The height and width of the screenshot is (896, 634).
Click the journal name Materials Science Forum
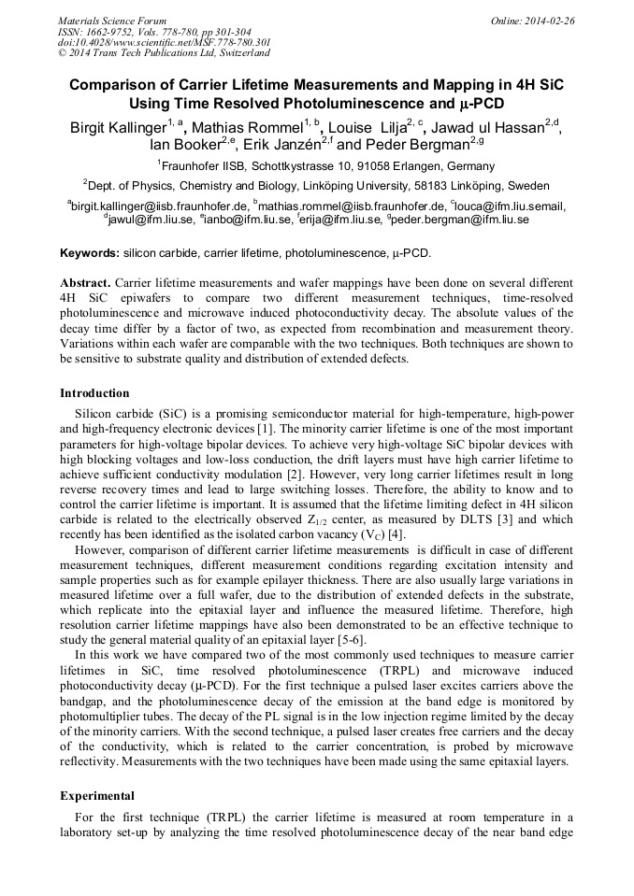click(112, 20)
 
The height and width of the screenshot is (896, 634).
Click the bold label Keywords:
click(90, 253)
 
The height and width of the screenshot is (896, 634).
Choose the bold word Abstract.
click(86, 282)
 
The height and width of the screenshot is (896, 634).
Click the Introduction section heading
click(94, 392)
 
